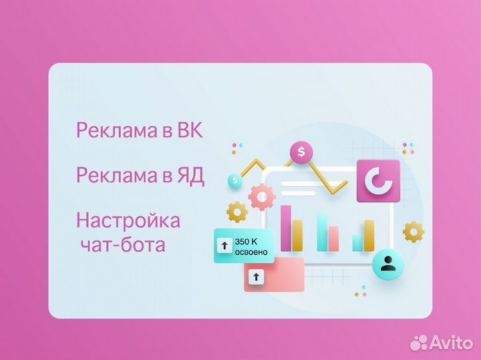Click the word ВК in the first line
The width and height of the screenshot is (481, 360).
tap(189, 130)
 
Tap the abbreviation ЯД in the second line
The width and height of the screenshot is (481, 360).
tap(190, 176)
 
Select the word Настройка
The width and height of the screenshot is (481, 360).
tap(128, 220)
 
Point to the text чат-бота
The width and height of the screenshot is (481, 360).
tap(122, 245)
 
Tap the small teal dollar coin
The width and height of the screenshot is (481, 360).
tap(234, 180)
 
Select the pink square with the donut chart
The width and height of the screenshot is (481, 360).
tap(378, 181)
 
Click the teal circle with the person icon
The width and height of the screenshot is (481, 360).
tap(387, 264)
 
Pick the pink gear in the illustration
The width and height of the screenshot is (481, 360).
tap(262, 197)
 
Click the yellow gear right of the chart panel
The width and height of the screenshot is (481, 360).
tap(414, 232)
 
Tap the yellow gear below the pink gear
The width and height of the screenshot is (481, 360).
tap(237, 212)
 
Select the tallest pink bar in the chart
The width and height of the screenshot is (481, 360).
tap(286, 228)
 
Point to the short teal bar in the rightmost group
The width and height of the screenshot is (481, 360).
tap(358, 242)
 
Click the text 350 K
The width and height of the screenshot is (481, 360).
tap(246, 240)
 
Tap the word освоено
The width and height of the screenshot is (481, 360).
tap(251, 252)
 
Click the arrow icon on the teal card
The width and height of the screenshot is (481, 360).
tap(224, 246)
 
